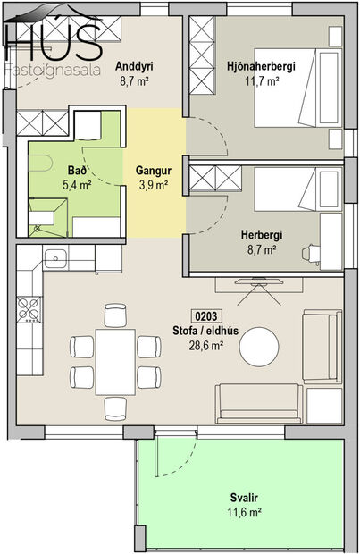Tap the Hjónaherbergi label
261,66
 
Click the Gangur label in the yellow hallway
153,170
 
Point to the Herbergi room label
261,235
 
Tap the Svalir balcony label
243,497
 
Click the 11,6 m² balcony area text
243,512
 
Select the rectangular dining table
115,359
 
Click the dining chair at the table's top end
115,314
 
